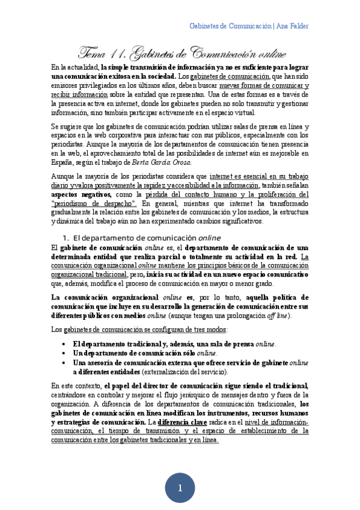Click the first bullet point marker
[64, 344]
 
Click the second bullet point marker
[64, 353]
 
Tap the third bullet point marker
[64, 363]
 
